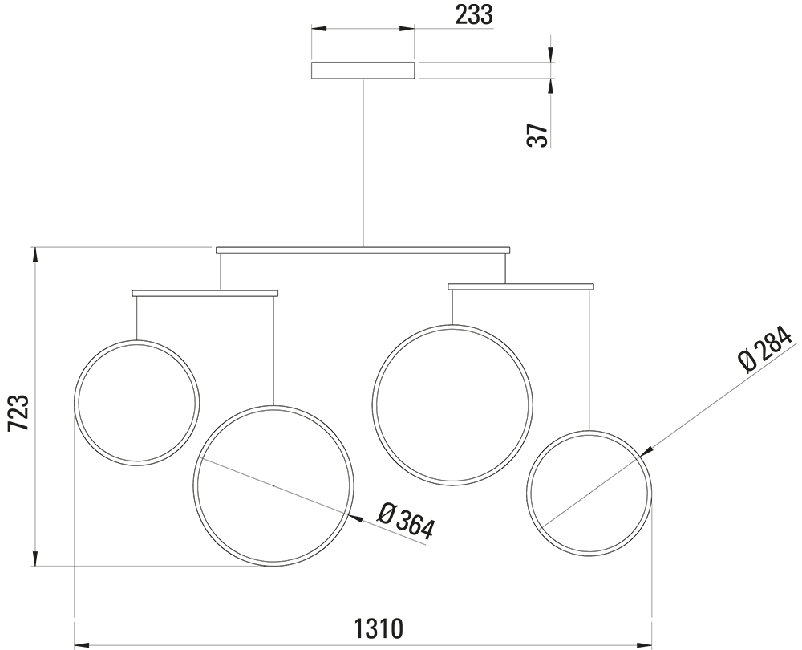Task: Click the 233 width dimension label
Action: [x=474, y=15]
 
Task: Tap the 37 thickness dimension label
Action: [x=537, y=135]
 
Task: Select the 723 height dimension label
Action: [x=18, y=412]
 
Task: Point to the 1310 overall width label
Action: [x=379, y=628]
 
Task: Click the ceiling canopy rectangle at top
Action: [x=363, y=71]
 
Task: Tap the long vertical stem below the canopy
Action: [x=363, y=163]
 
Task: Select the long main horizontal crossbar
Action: [x=363, y=250]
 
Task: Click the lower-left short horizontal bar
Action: [x=205, y=293]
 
